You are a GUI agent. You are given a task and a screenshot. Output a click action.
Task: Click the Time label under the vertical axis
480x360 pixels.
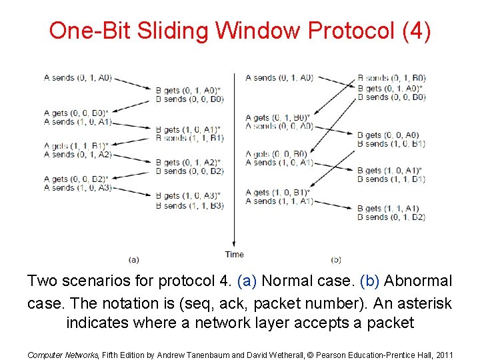click(234, 254)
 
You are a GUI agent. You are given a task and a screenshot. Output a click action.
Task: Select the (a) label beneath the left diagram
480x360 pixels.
click(133, 259)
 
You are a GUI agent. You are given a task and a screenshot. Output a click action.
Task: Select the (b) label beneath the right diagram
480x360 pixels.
click(335, 259)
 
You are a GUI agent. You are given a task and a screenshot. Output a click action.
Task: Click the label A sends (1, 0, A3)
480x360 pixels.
click(77, 188)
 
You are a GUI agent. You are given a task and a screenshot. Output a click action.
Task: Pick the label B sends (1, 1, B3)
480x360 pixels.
click(189, 205)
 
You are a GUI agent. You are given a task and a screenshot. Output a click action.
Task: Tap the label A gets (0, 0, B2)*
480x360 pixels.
click(76, 179)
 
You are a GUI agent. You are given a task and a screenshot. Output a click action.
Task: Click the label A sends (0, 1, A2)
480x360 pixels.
click(77, 155)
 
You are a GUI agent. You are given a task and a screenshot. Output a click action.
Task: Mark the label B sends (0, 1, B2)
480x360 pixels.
click(391, 217)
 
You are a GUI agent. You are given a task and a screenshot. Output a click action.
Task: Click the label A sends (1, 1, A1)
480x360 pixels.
click(279, 201)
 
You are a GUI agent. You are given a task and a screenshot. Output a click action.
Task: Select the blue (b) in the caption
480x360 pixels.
click(370, 281)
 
